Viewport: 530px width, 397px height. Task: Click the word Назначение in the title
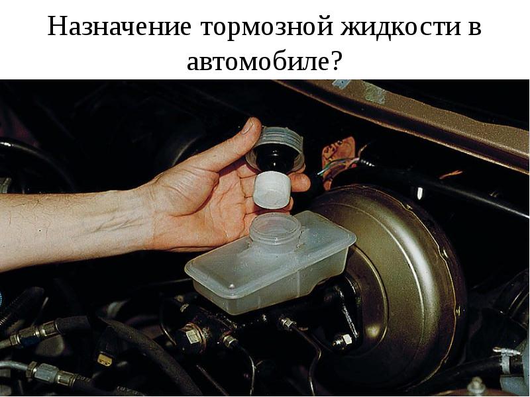point(119,26)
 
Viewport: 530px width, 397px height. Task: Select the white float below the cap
point(272,189)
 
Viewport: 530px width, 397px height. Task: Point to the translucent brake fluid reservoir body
point(270,267)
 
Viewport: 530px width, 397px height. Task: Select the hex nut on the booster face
point(342,341)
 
